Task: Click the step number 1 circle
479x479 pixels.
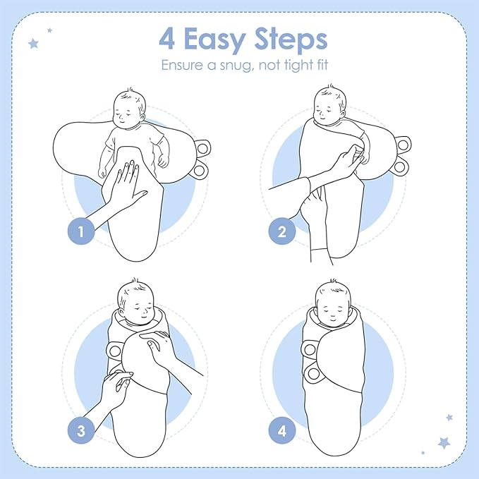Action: coord(81,231)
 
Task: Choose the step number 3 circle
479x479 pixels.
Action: coord(81,430)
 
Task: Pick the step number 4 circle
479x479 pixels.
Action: coord(282,430)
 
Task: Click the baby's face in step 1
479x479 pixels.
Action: coord(128,110)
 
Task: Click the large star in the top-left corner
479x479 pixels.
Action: coord(32,44)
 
